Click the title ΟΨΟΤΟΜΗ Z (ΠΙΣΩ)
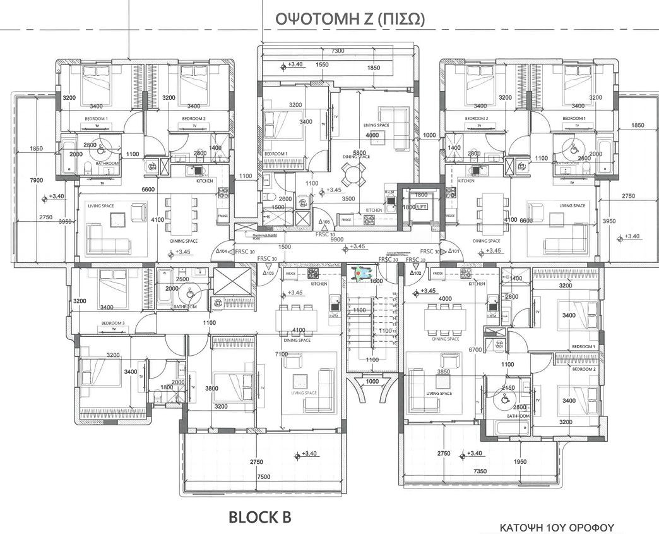tap(350, 20)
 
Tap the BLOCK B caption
tap(259, 518)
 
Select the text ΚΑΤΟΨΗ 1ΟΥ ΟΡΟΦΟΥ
tap(557, 527)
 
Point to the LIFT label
tap(421, 206)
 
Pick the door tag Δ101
tap(453, 251)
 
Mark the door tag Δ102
tap(415, 273)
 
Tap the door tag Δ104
tap(222, 251)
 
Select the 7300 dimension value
tap(337, 51)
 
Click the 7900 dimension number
tap(37, 180)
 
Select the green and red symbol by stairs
tap(362, 272)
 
